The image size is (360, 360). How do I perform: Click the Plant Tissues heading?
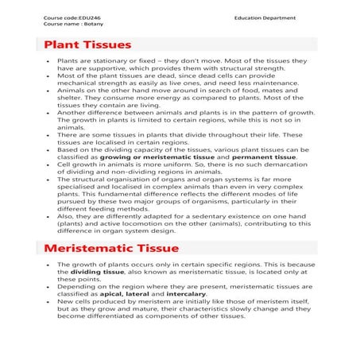tap(88, 45)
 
